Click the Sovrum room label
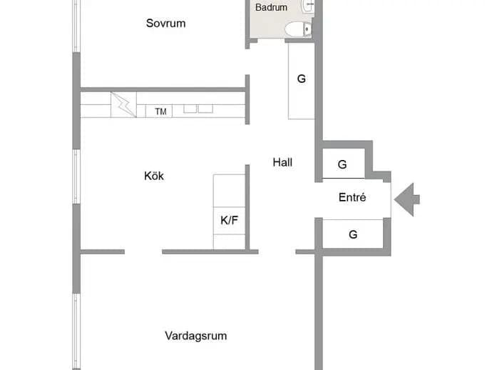[x=165, y=24]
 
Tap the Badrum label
[x=271, y=7]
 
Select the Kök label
[x=154, y=176]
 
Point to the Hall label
[x=282, y=162]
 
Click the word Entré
[x=352, y=197]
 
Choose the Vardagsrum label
[x=196, y=336]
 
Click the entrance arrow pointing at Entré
[x=407, y=199]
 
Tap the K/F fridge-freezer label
[x=229, y=221]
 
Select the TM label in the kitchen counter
[x=160, y=111]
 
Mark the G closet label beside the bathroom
[x=301, y=79]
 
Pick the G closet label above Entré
[x=342, y=164]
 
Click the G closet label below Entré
[x=353, y=234]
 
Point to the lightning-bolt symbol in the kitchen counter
[x=123, y=105]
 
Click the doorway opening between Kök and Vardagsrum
[x=143, y=252]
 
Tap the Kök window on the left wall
[x=76, y=176]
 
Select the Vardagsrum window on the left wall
[x=76, y=331]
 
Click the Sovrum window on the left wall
[x=76, y=26]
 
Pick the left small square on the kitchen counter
[x=190, y=109]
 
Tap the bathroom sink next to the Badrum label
[x=308, y=5]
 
